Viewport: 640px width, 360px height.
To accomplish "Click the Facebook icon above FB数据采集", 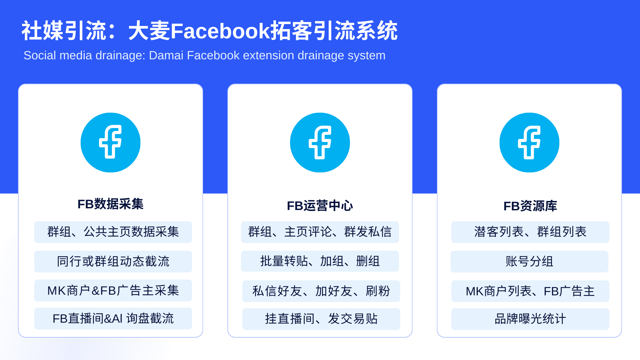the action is (x=110, y=142).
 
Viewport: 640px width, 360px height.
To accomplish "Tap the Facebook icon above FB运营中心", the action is (x=320, y=142).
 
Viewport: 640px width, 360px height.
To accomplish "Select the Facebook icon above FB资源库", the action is (x=529, y=142).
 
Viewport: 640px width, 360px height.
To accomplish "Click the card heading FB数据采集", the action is (x=110, y=204).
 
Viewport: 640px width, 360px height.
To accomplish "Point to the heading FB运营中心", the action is (x=320, y=206).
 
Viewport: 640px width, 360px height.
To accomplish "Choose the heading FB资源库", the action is (x=530, y=206).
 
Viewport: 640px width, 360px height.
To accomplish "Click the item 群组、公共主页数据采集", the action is (x=113, y=232).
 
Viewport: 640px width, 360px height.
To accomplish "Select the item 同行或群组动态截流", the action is (x=113, y=261).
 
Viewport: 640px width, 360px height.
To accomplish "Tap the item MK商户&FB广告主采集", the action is (x=113, y=291).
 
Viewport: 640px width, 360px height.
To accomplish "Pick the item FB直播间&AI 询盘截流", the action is (x=113, y=319).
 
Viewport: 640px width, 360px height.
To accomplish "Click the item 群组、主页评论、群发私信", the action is (x=320, y=232).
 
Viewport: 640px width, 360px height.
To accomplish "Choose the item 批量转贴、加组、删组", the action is (x=320, y=261).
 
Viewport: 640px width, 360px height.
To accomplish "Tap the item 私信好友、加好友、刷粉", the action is (x=321, y=291).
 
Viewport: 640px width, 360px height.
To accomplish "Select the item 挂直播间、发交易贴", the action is (x=321, y=319).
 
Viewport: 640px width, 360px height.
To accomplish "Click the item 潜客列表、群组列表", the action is (x=530, y=232).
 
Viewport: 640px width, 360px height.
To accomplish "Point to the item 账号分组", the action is (x=529, y=261).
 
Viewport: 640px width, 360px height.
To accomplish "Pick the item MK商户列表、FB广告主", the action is (x=530, y=291).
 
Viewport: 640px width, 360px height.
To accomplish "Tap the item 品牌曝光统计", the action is (x=530, y=319).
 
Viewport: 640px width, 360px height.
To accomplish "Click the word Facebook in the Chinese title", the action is (x=220, y=31).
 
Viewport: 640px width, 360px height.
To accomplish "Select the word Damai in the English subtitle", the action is (x=166, y=55).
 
